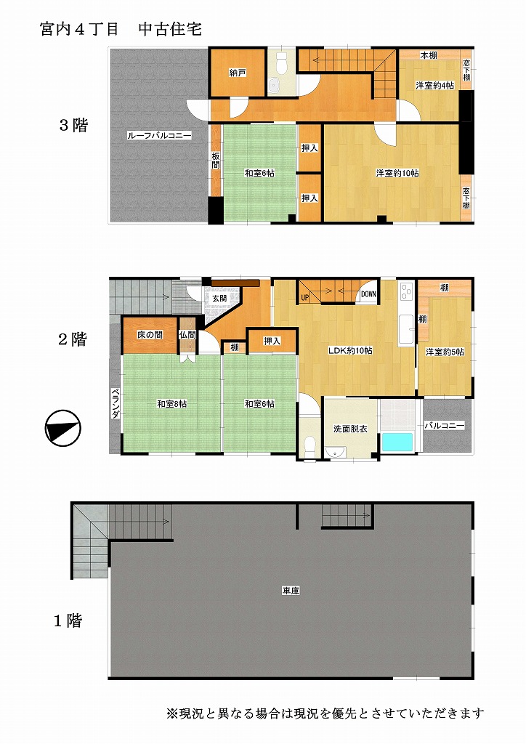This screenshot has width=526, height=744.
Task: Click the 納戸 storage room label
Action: [238, 73]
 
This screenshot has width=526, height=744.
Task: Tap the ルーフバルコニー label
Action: [159, 136]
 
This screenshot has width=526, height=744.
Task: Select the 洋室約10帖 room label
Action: [397, 173]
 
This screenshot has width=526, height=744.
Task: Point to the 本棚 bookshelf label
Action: [429, 55]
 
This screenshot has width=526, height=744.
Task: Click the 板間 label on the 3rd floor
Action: [216, 161]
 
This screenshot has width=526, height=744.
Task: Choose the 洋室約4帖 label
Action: [435, 86]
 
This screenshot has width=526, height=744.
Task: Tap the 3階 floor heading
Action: [73, 125]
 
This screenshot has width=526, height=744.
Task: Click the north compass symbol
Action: [63, 428]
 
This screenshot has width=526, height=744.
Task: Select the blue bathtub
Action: [397, 442]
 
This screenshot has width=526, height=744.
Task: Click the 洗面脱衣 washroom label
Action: [350, 429]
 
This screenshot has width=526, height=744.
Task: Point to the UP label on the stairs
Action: [304, 297]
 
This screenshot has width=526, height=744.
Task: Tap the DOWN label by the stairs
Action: [368, 294]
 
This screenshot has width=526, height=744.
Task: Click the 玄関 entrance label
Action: [219, 299]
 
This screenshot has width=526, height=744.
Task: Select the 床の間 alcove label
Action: [150, 335]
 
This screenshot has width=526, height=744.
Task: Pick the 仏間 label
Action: [188, 335]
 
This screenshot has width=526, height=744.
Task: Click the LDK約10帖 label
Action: [350, 351]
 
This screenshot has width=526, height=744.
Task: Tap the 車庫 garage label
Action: [291, 591]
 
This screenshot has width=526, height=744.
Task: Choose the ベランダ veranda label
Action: [116, 404]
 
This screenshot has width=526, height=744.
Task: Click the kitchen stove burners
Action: [406, 291]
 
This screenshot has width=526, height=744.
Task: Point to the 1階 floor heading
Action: [68, 620]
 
